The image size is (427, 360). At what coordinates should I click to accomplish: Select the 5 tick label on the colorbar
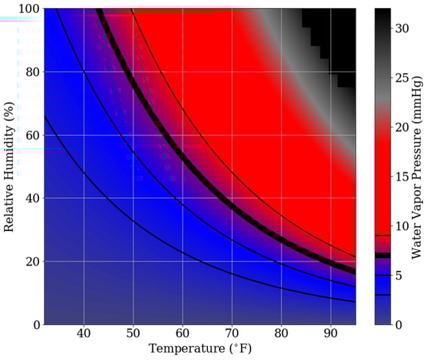(400, 275)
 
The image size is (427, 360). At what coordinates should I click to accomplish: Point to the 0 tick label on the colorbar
(400, 324)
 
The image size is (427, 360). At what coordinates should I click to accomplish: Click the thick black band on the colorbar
(382, 255)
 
